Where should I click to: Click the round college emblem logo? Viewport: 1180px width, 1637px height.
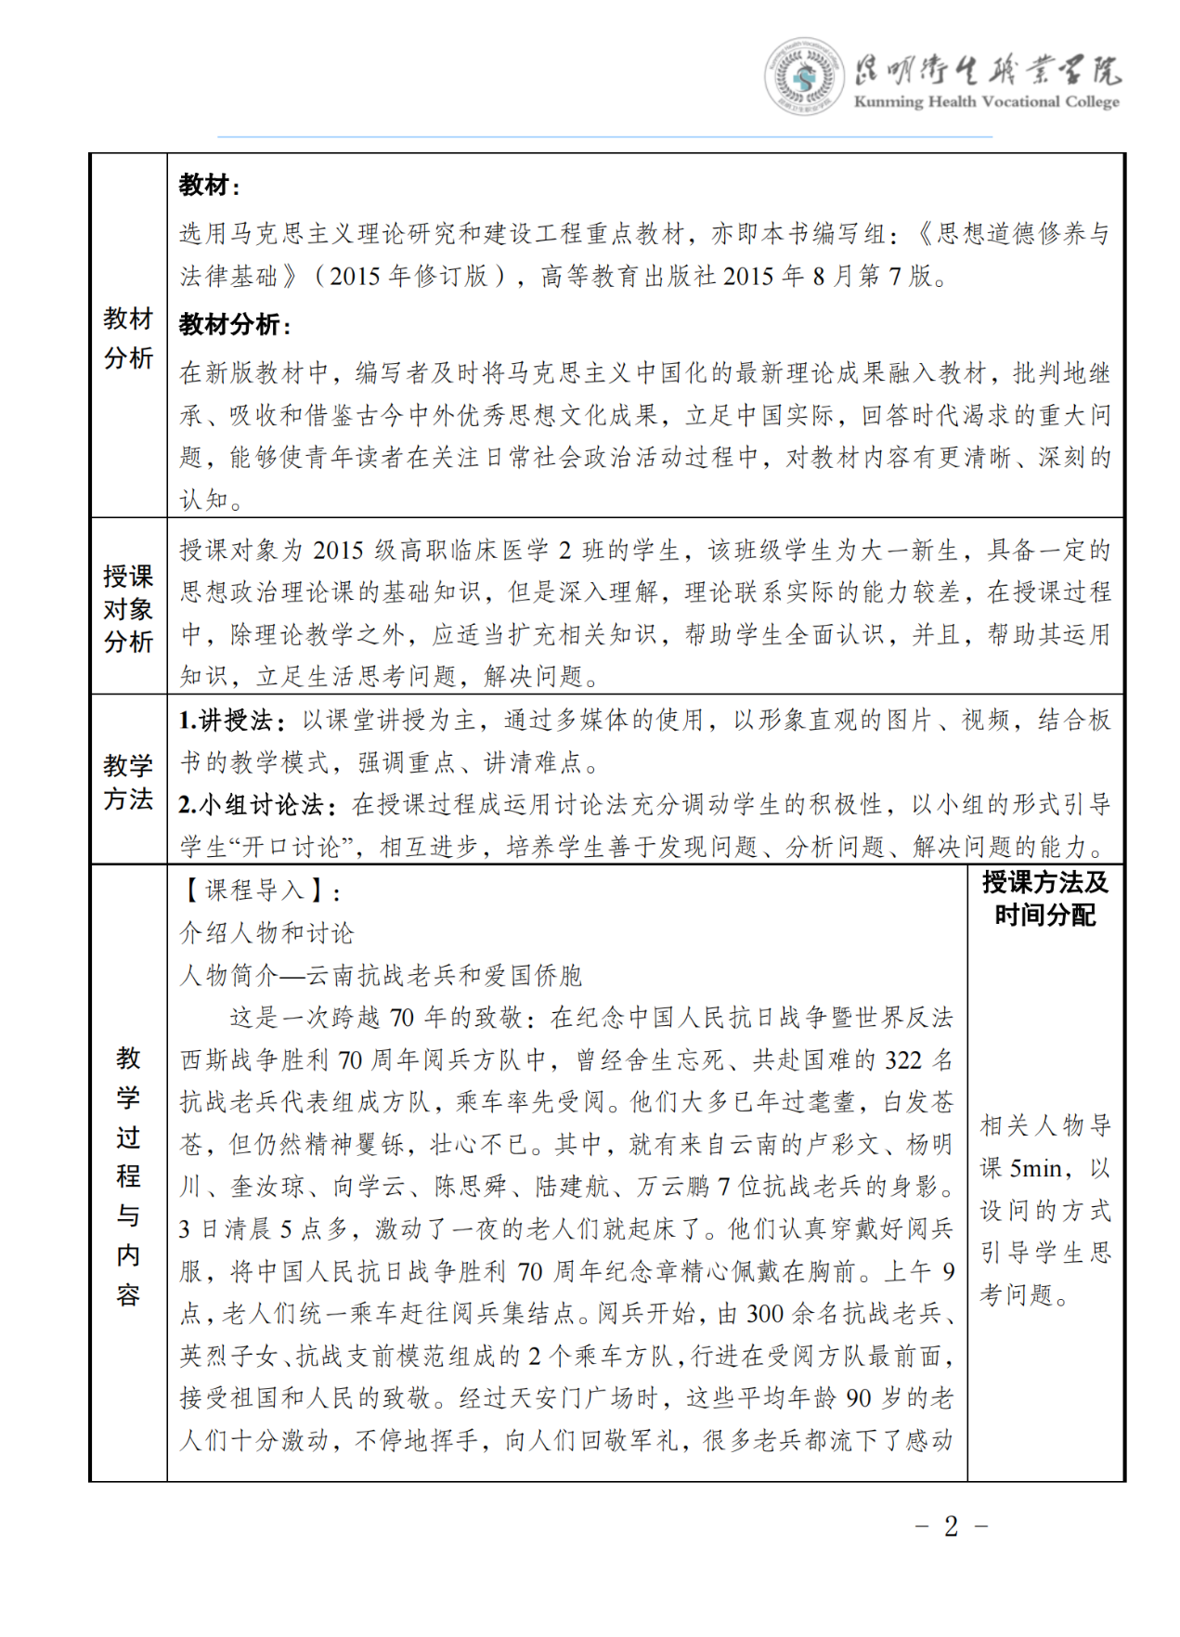[x=804, y=77]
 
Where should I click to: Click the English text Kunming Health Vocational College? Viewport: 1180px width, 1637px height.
[x=986, y=102]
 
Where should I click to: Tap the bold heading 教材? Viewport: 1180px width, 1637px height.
[x=209, y=186]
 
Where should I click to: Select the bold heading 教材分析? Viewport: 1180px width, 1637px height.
[x=234, y=325]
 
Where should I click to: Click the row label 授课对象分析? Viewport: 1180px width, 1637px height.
[x=128, y=609]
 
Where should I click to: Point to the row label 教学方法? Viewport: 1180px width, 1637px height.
[x=128, y=782]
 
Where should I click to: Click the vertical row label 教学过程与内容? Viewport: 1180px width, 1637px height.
[x=128, y=1175]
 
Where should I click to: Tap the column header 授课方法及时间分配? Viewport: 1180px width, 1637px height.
[x=1044, y=898]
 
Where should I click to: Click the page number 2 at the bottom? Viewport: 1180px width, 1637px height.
[x=951, y=1527]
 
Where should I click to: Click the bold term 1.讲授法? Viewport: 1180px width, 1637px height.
[x=226, y=721]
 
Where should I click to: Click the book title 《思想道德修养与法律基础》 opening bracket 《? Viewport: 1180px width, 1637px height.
[x=925, y=234]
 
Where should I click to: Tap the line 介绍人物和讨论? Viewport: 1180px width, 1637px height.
[x=266, y=933]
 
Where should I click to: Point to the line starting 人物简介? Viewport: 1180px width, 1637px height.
[x=381, y=975]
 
